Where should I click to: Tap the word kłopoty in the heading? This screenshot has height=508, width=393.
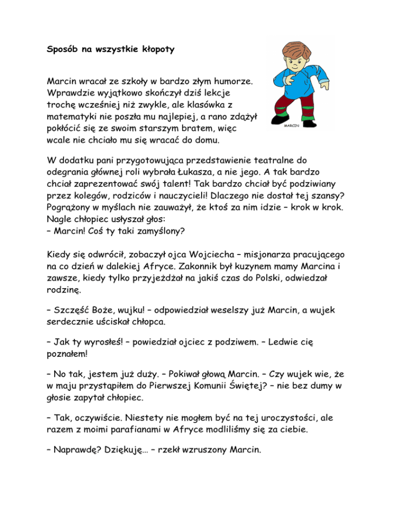[x=155, y=50]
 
